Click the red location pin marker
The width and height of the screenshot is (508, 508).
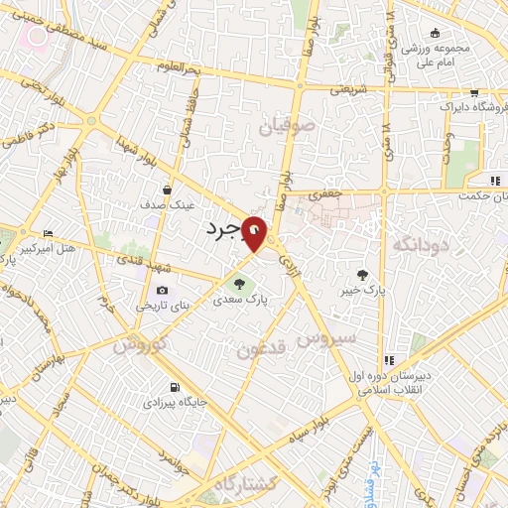pyautogui.click(x=257, y=234)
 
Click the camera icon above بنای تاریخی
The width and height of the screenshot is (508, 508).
pyautogui.click(x=161, y=290)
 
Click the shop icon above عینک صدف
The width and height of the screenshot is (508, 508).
pyautogui.click(x=167, y=190)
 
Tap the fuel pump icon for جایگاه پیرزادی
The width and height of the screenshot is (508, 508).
pyautogui.click(x=175, y=387)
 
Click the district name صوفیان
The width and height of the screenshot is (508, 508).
pyautogui.click(x=288, y=127)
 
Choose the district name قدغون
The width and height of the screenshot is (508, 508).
pyautogui.click(x=264, y=348)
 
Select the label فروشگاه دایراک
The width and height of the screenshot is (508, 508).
pyautogui.click(x=450, y=105)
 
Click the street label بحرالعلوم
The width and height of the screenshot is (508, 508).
pyautogui.click(x=179, y=66)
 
